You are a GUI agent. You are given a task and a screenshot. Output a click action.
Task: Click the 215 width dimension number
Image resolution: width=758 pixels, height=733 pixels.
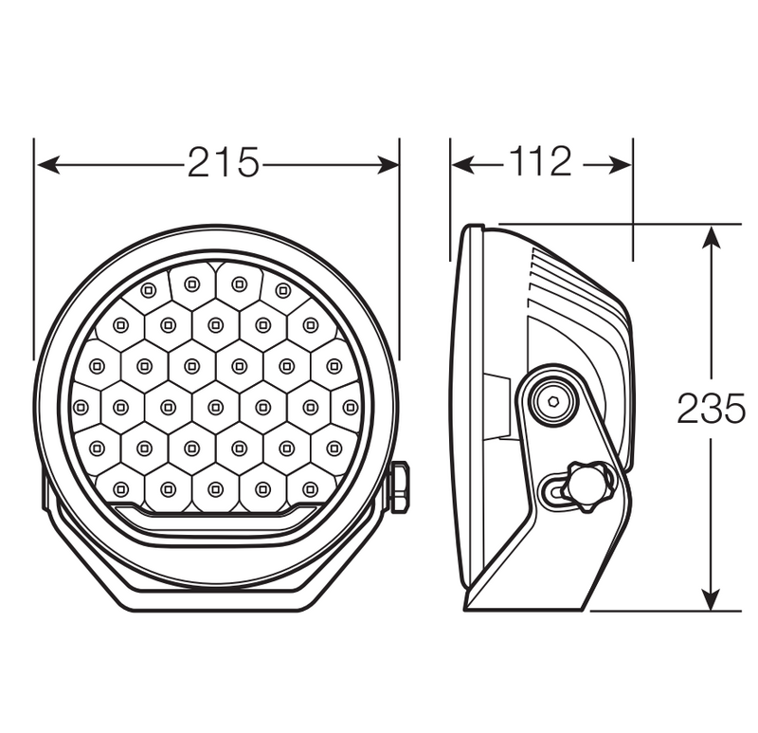click(223, 164)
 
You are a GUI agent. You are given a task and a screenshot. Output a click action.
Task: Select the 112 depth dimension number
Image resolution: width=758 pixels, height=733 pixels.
click(541, 163)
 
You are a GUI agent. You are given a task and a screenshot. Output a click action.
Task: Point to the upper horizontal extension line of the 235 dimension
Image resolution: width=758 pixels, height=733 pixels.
click(616, 224)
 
